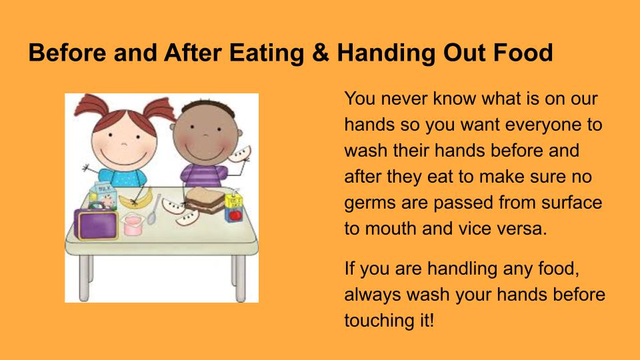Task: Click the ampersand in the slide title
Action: click(321, 53)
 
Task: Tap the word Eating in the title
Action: click(267, 53)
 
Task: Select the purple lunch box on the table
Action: click(96, 224)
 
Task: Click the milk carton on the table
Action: click(103, 197)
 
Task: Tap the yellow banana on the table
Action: click(138, 199)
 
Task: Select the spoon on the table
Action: click(153, 210)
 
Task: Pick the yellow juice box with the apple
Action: click(234, 207)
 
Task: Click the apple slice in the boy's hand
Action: click(239, 153)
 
